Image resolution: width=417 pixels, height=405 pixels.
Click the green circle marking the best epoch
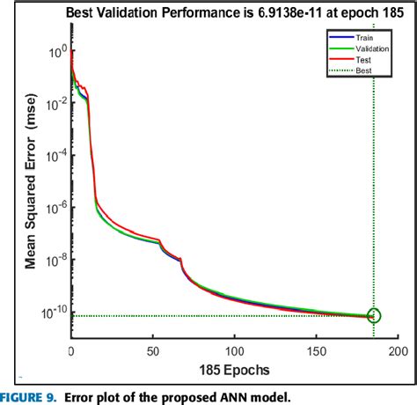coord(374,315)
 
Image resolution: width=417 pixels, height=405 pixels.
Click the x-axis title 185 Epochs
coord(233,368)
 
